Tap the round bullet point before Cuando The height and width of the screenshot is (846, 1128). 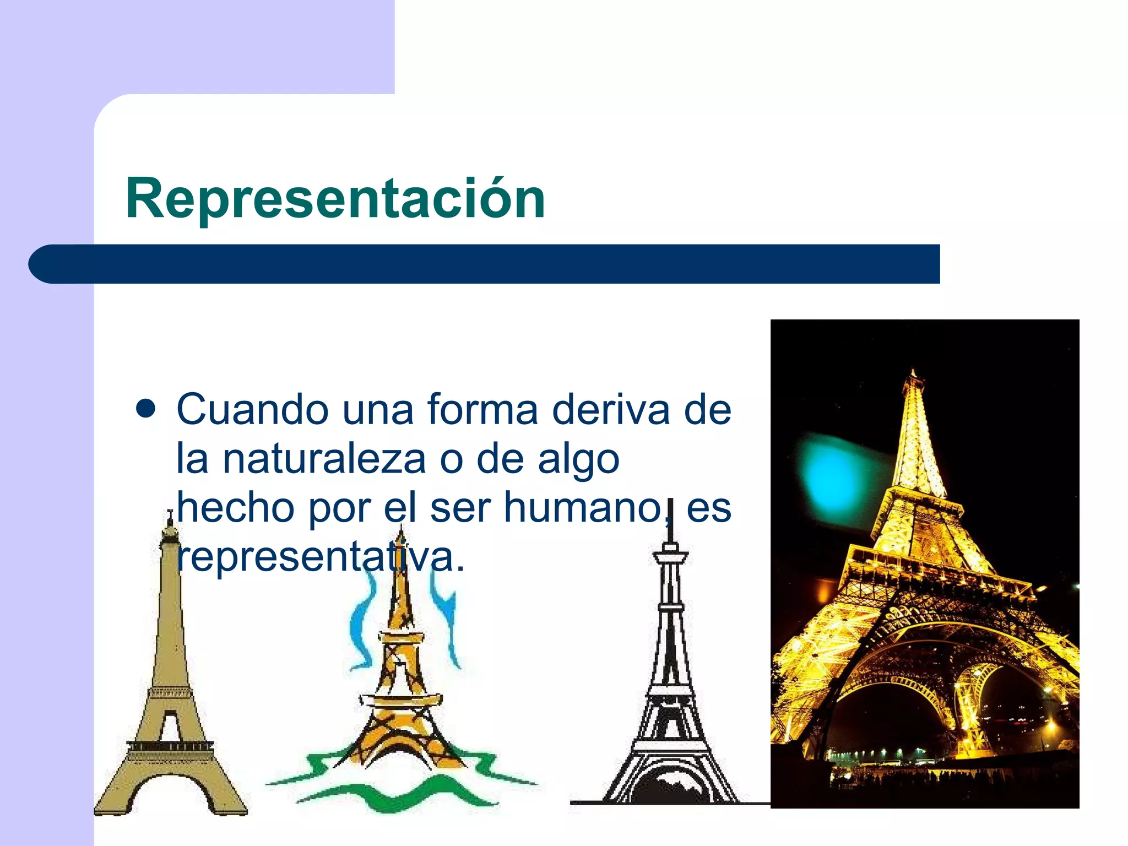coord(145,410)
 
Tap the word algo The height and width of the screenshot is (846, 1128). coord(578,460)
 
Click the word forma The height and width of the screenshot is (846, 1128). coord(482,410)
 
